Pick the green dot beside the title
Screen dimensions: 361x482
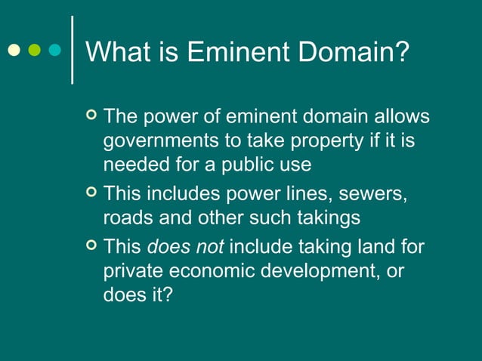(x=34, y=51)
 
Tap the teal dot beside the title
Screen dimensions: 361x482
(x=54, y=51)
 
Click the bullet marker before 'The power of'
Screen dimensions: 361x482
(x=91, y=116)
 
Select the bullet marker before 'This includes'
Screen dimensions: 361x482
(x=91, y=193)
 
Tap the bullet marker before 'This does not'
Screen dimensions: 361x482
(x=91, y=245)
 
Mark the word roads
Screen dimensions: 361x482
(x=125, y=218)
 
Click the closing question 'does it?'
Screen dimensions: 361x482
(x=137, y=295)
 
